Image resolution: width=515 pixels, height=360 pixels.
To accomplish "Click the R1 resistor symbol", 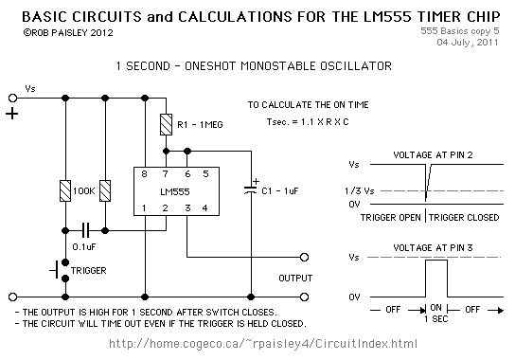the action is (166, 125).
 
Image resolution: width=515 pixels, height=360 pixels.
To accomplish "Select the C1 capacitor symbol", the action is (251, 189).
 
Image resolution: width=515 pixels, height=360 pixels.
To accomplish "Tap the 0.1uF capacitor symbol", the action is (85, 230).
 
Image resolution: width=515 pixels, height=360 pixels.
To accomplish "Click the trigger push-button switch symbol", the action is (60, 271).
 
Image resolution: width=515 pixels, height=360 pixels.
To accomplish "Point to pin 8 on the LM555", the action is (144, 174).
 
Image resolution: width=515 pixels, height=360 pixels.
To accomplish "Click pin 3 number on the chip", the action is (187, 207).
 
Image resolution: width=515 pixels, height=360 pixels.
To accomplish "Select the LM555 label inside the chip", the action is (175, 191).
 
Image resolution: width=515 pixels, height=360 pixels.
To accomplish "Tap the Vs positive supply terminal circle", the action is (12, 98).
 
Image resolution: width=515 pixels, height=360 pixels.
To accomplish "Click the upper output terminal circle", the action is (305, 257).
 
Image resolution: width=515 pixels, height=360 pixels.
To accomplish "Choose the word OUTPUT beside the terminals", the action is (295, 279).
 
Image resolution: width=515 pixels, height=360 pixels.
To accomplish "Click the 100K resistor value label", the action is (83, 191).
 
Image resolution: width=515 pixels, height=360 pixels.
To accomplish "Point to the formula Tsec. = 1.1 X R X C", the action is (308, 122).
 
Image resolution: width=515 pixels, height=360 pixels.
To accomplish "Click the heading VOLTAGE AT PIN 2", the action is (433, 154).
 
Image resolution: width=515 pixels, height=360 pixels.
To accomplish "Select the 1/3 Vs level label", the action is (360, 190).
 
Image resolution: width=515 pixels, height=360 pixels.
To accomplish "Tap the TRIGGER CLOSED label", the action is (464, 217).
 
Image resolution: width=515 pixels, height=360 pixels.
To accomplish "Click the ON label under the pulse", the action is (435, 307).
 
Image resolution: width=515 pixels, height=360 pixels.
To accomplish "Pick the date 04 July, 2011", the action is (468, 43).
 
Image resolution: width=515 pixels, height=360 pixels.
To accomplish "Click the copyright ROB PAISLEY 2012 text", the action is (68, 33).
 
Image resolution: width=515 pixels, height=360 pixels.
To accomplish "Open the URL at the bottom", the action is (263, 344).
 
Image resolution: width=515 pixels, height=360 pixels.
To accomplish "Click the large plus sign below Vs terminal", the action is (11, 114).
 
